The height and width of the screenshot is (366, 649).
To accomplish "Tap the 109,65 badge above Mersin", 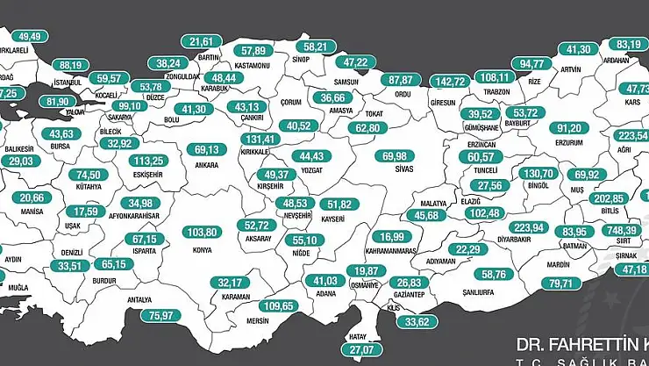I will [x=282, y=306].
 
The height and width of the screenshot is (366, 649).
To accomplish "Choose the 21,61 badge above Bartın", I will [x=202, y=41].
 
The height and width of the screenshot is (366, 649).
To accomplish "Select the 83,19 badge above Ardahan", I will [x=629, y=45].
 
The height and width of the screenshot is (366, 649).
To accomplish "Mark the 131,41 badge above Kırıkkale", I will [x=259, y=139].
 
